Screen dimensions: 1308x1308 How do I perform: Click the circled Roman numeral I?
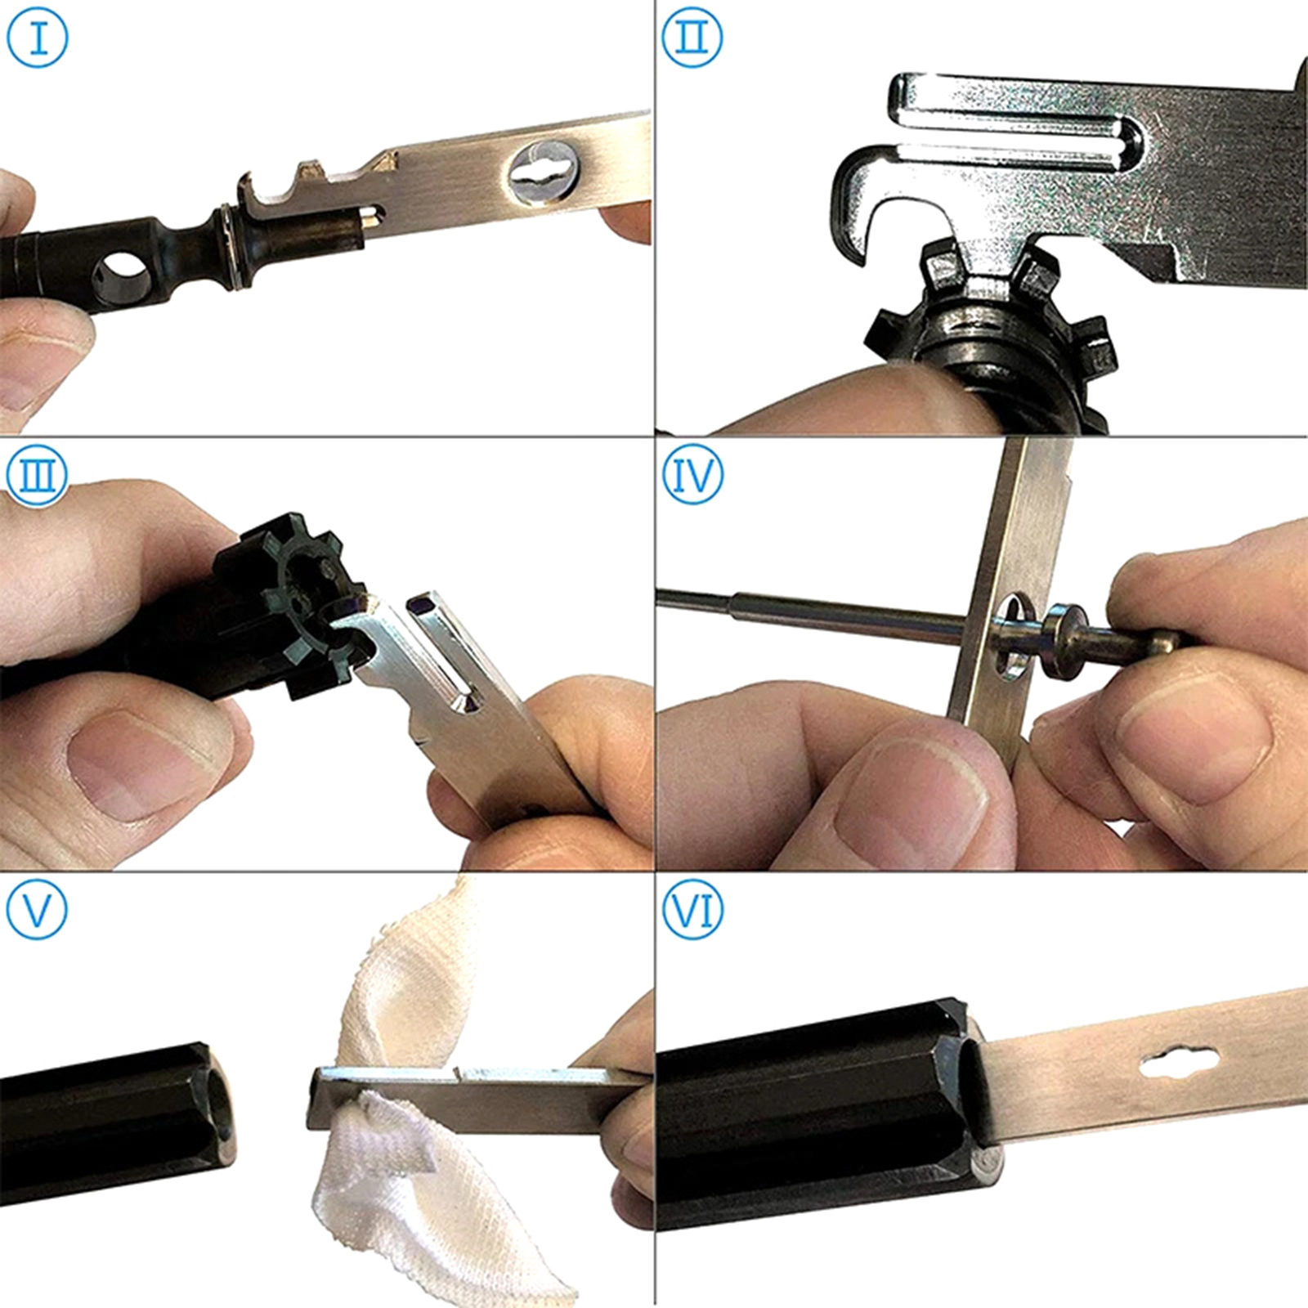(x=38, y=38)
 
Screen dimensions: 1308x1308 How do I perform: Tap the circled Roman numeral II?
(x=692, y=38)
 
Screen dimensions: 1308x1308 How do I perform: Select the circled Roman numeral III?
(x=38, y=474)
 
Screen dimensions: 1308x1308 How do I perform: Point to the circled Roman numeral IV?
(x=692, y=474)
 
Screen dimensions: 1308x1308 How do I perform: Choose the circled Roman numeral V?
(x=38, y=909)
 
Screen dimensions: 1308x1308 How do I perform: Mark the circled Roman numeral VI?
(x=692, y=909)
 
